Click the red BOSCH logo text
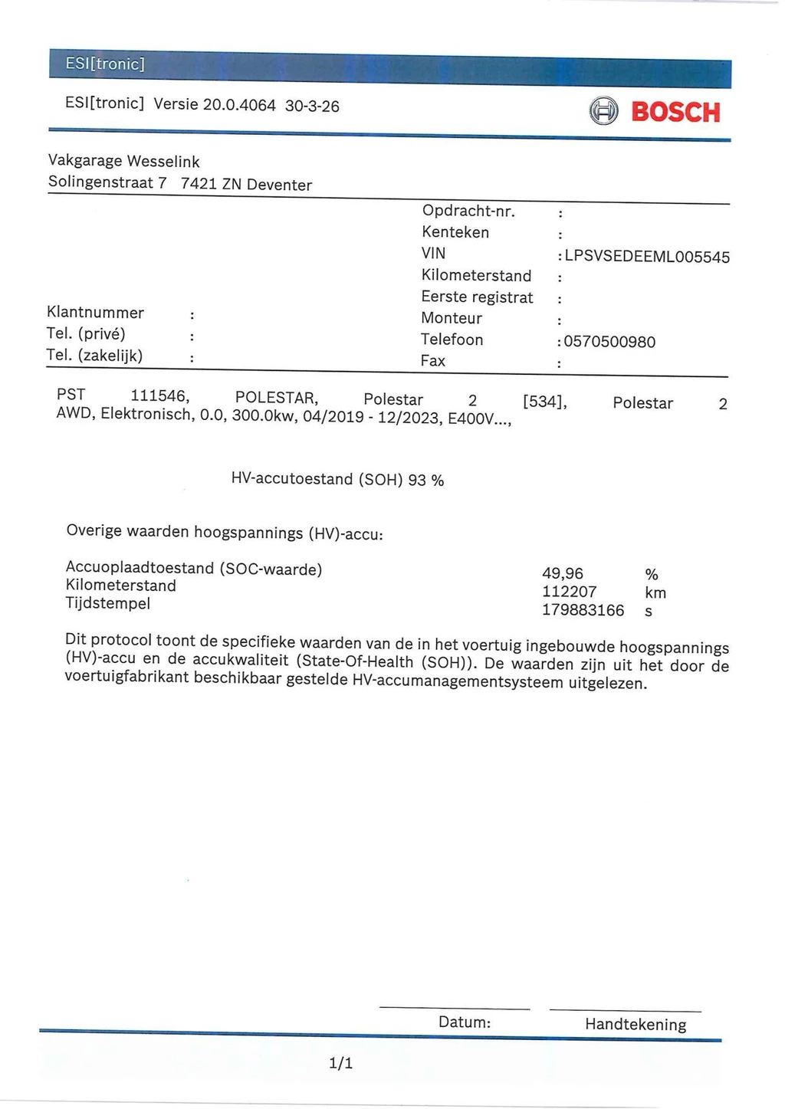click(675, 113)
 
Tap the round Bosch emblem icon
click(603, 112)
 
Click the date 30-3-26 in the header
click(312, 107)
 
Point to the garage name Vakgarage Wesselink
click(123, 161)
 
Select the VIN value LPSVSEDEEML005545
click(647, 257)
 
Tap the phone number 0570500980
click(609, 342)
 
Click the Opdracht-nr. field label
click(468, 211)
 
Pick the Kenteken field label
click(455, 231)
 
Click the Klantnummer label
click(95, 312)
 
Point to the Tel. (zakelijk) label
click(94, 355)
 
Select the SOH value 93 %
click(426, 481)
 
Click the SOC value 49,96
click(563, 573)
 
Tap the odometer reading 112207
click(569, 592)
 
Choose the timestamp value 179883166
click(583, 610)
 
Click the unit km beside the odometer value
click(655, 592)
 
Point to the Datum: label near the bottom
click(465, 1022)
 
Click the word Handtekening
click(636, 1024)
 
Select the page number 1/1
click(340, 1063)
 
